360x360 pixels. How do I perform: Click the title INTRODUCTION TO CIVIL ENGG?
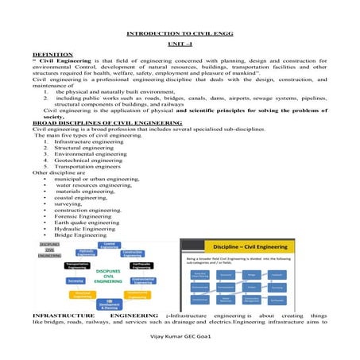[x=180, y=36]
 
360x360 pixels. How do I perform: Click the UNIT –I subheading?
[x=180, y=48]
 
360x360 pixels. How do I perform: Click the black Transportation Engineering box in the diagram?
[x=61, y=265]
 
